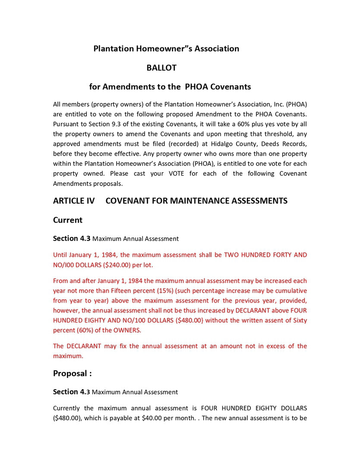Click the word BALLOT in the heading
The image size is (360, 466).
point(161,68)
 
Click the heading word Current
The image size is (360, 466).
point(68,220)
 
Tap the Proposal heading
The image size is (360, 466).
point(72,373)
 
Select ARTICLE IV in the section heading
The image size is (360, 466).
point(74,201)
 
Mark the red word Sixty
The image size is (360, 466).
point(298,320)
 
